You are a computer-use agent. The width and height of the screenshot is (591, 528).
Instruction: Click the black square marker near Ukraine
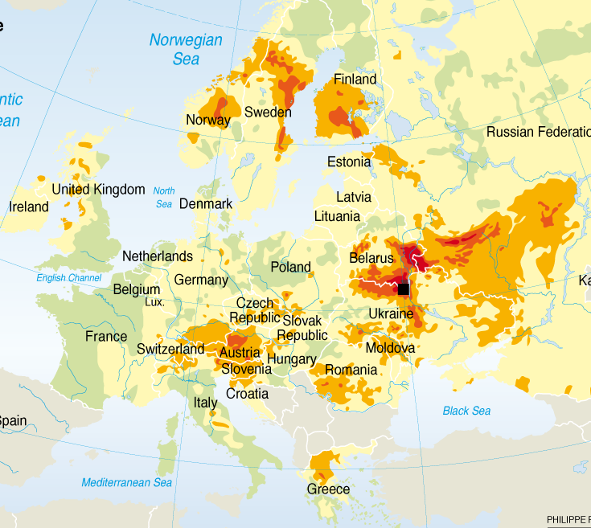click(x=404, y=289)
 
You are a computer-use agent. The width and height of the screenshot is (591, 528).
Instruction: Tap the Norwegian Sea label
click(x=186, y=49)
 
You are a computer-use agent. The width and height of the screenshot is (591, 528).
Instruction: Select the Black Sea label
click(x=466, y=411)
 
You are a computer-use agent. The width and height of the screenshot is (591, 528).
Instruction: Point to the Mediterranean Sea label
click(x=127, y=482)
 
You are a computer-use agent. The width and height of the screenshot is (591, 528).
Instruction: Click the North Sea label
click(x=164, y=197)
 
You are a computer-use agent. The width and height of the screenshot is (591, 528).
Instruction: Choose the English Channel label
click(x=69, y=278)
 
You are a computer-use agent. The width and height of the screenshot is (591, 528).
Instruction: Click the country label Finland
click(x=355, y=80)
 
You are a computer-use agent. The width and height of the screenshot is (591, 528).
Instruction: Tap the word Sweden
click(x=268, y=112)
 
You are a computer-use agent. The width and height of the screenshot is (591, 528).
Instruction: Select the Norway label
click(x=208, y=120)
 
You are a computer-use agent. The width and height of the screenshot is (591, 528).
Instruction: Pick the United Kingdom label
click(x=98, y=190)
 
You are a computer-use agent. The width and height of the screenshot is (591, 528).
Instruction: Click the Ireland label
click(x=29, y=207)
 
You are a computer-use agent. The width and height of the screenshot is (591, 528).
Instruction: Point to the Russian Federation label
click(x=538, y=132)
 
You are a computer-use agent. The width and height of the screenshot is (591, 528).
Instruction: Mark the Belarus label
click(x=371, y=258)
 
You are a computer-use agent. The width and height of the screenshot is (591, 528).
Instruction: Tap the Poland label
click(x=290, y=267)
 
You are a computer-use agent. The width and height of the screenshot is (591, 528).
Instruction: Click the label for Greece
click(x=328, y=489)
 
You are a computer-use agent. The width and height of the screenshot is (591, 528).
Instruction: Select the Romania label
click(x=350, y=370)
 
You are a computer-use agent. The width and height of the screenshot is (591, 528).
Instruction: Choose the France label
click(x=106, y=336)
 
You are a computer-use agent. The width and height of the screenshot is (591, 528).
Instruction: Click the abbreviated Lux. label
click(x=154, y=302)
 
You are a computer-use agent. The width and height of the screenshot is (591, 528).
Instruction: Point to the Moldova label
click(x=390, y=348)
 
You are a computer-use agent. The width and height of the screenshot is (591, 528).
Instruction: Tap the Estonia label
click(x=349, y=162)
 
